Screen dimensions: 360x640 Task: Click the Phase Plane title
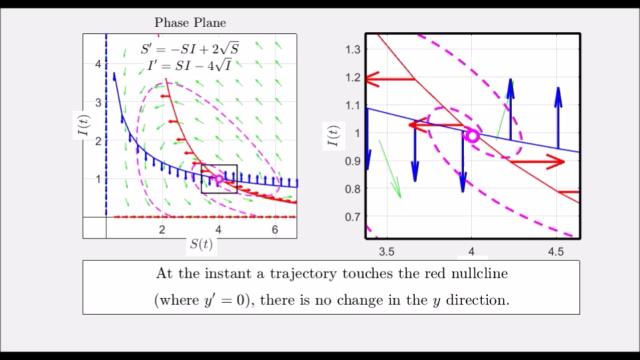coord(190,23)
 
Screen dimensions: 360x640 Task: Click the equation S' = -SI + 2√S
coord(190,49)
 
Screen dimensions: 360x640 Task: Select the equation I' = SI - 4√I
coord(189,65)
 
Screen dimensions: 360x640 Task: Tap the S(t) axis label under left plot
coord(201,244)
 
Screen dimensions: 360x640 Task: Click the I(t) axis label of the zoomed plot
coord(333,136)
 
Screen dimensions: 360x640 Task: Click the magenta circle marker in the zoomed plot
coord(472,136)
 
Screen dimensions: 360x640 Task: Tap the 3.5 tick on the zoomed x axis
coord(386,251)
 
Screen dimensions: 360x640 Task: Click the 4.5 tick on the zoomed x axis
coord(556,251)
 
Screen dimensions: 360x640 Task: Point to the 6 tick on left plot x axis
coord(274,230)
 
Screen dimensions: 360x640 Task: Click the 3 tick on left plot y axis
coord(98,102)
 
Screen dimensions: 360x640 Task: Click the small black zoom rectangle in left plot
coord(219,165)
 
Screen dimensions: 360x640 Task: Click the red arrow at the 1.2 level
coord(390,79)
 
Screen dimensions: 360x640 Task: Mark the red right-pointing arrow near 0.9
coord(537,161)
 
